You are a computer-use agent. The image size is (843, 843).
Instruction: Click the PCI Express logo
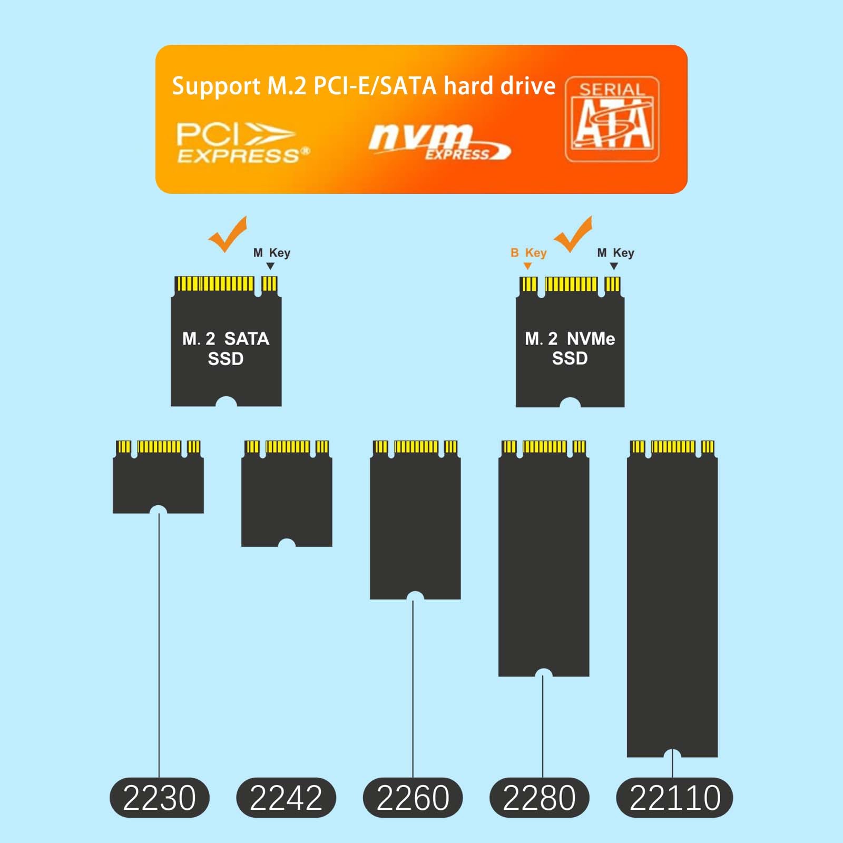pyautogui.click(x=242, y=142)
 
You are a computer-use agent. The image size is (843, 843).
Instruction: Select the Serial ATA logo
pyautogui.click(x=612, y=120)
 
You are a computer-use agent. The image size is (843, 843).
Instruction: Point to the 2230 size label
pyautogui.click(x=159, y=797)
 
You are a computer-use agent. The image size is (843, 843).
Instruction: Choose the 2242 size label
pyautogui.click(x=286, y=797)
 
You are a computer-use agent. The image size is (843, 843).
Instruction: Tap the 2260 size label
pyautogui.click(x=413, y=797)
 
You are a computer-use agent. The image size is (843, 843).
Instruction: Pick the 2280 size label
pyautogui.click(x=539, y=797)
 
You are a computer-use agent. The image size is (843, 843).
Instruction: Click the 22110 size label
pyautogui.click(x=674, y=797)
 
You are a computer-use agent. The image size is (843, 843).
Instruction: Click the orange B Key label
pyautogui.click(x=528, y=253)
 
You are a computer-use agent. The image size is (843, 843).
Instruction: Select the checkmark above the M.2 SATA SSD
pyautogui.click(x=228, y=234)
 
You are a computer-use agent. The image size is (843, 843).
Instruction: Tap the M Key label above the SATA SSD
pyautogui.click(x=272, y=253)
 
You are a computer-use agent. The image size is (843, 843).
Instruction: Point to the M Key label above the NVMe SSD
pyautogui.click(x=615, y=253)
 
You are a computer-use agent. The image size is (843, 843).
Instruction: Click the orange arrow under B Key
pyautogui.click(x=527, y=266)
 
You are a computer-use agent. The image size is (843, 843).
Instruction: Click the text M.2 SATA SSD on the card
pyautogui.click(x=226, y=348)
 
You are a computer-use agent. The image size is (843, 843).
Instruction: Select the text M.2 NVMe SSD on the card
pyautogui.click(x=570, y=348)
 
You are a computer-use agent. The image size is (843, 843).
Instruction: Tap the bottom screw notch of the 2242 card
pyautogui.click(x=287, y=543)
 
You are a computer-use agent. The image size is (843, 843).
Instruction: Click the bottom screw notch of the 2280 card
pyautogui.click(x=543, y=673)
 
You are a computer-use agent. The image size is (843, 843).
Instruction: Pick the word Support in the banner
pyautogui.click(x=216, y=86)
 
